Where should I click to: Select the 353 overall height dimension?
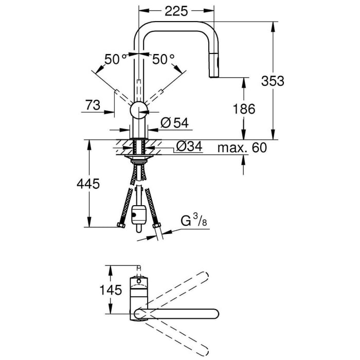tap(273, 81)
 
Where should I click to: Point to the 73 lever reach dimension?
tap(93, 105)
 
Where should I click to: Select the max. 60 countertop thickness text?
tap(242, 148)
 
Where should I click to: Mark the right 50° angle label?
tap(164, 60)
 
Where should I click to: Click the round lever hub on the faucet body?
tap(139, 110)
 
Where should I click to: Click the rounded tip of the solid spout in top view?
tap(215, 314)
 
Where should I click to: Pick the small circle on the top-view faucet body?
tap(139, 282)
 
